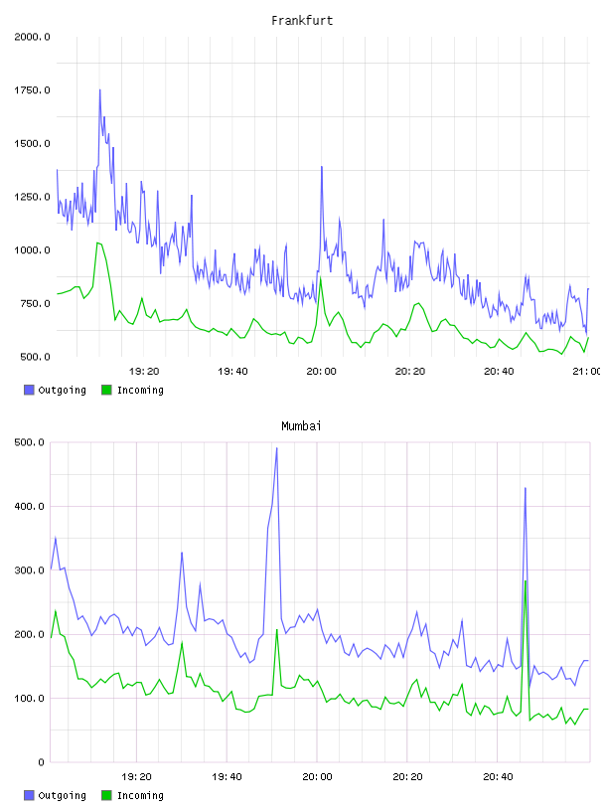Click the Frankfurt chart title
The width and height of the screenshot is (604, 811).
click(x=302, y=21)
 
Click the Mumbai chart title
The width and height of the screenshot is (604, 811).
click(x=301, y=426)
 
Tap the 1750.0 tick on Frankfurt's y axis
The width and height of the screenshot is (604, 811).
click(x=32, y=90)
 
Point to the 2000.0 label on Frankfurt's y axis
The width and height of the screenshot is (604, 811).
click(x=32, y=37)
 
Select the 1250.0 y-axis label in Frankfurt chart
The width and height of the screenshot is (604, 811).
click(x=32, y=197)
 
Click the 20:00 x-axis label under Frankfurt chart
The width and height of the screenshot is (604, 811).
click(x=321, y=372)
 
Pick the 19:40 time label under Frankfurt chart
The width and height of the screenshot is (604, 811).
click(x=232, y=372)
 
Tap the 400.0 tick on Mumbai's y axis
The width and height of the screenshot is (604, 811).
click(x=29, y=506)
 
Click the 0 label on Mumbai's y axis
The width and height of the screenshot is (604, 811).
click(x=41, y=762)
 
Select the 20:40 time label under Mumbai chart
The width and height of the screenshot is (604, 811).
click(x=498, y=777)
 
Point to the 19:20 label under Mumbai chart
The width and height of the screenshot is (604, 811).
click(x=136, y=777)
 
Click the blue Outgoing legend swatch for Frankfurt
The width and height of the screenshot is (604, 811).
click(x=29, y=390)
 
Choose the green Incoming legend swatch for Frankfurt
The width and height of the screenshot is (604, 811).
click(x=106, y=390)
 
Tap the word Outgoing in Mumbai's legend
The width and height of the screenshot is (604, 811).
click(x=62, y=795)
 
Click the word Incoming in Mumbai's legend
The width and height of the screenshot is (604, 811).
click(x=140, y=795)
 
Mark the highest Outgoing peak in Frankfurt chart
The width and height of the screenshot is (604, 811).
click(x=99, y=90)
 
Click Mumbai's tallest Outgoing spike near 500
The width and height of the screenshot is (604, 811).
click(x=276, y=448)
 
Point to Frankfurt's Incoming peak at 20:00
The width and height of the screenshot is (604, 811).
click(x=321, y=278)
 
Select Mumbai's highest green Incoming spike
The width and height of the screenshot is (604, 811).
click(x=526, y=581)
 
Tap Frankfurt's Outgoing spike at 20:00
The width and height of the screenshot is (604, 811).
click(x=322, y=167)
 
